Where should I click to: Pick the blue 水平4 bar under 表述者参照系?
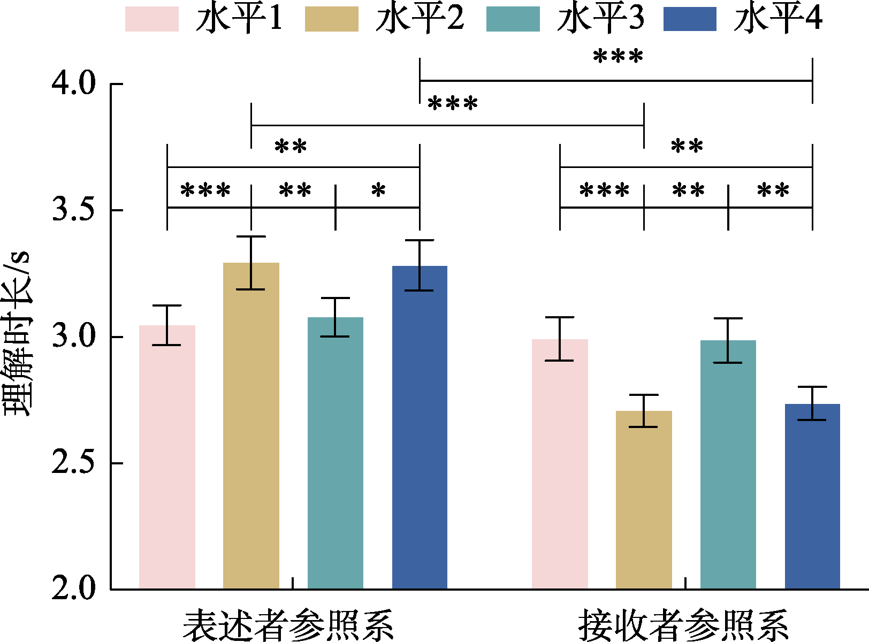click(x=420, y=427)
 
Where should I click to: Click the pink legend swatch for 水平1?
click(x=151, y=19)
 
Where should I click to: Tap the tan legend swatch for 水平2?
click(x=331, y=19)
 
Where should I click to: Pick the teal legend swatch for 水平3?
click(x=513, y=19)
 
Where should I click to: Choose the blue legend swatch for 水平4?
click(x=690, y=19)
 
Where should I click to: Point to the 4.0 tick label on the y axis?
click(x=73, y=84)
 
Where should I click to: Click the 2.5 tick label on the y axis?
click(x=73, y=463)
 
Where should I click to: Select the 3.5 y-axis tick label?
click(x=73, y=210)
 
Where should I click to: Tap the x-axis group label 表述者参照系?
click(x=288, y=624)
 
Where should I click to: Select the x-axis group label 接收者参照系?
click(x=683, y=624)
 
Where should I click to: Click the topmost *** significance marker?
click(x=618, y=57)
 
